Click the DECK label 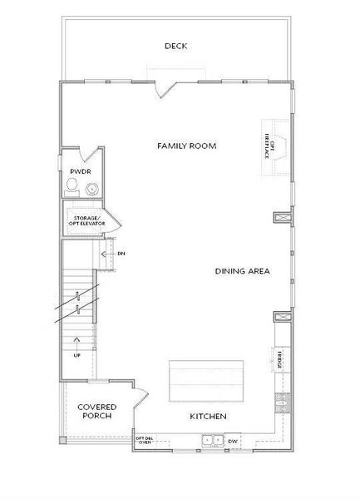[x=175, y=47]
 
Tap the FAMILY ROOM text [x=187, y=146]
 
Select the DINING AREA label [x=242, y=271]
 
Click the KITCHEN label [x=209, y=416]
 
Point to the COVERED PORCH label [x=97, y=411]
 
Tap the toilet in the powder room [x=73, y=185]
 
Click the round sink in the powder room [x=91, y=187]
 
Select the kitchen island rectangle [x=206, y=380]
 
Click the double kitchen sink [x=212, y=442]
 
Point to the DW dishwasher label [x=233, y=442]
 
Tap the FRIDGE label [x=281, y=359]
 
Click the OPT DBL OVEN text [x=144, y=441]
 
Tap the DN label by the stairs [x=121, y=253]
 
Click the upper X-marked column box [x=281, y=219]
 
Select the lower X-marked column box [x=281, y=318]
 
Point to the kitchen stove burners [x=280, y=401]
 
